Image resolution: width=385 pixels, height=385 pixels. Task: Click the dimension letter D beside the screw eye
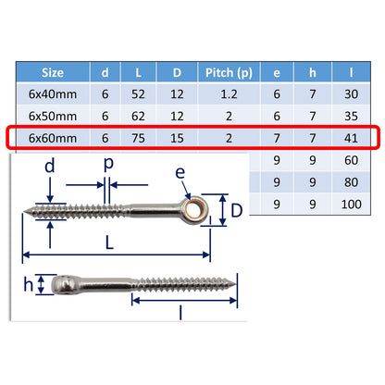(237, 210)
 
